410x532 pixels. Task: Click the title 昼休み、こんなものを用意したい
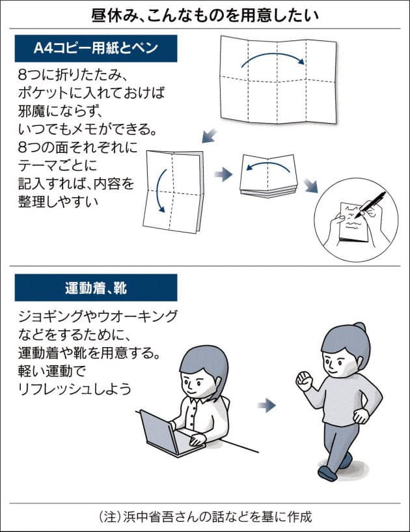point(204,14)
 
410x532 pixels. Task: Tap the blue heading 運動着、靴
point(96,287)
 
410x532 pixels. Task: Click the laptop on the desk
point(159,432)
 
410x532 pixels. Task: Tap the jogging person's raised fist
point(304,379)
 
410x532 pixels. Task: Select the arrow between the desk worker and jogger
point(266,406)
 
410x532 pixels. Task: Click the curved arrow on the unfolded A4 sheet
point(273,59)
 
